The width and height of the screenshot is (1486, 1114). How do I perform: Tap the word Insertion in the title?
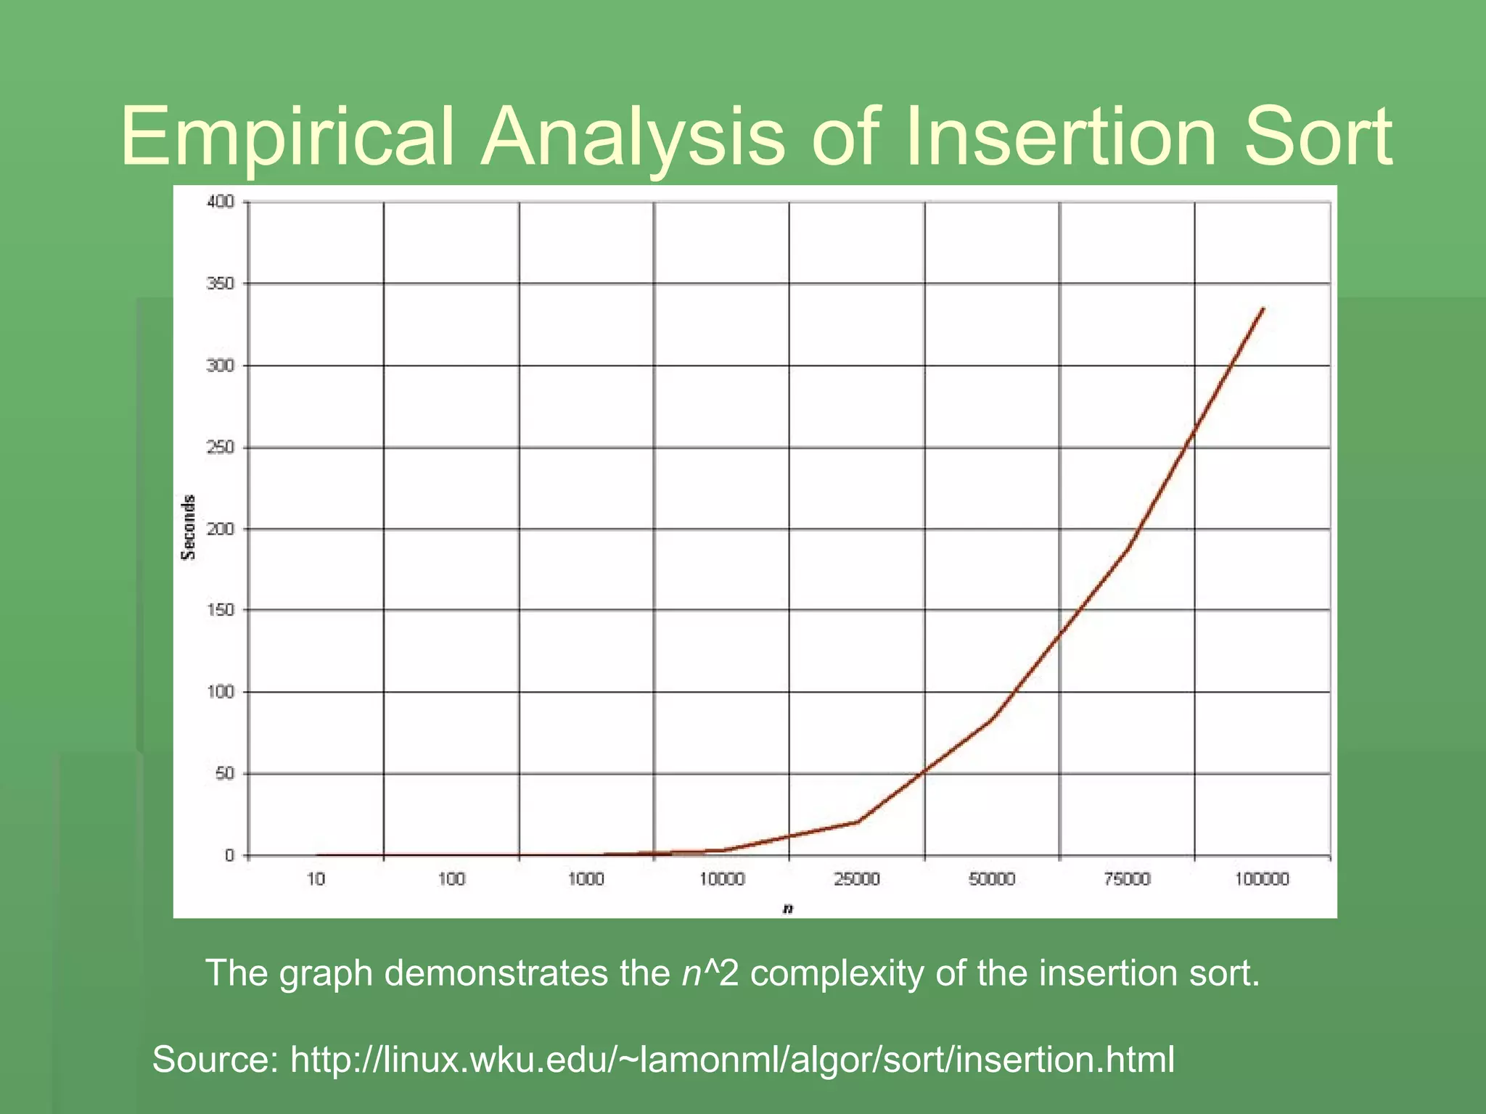click(x=1060, y=136)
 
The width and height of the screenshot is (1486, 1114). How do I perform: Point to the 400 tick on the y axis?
click(x=221, y=202)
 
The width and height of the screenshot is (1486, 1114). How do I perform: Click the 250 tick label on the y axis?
click(x=221, y=447)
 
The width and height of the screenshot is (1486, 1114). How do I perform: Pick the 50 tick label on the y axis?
click(x=224, y=773)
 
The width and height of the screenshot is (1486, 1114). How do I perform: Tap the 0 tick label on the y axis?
click(x=229, y=855)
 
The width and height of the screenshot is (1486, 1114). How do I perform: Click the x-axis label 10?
click(x=316, y=879)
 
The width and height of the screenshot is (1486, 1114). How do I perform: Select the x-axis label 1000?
click(x=586, y=879)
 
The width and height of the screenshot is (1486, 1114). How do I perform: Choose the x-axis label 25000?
click(x=856, y=879)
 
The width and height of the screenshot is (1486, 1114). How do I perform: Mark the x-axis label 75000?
click(x=1127, y=879)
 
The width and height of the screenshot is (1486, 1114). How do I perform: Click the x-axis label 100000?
click(x=1262, y=879)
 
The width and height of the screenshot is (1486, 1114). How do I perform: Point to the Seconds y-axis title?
click(x=189, y=527)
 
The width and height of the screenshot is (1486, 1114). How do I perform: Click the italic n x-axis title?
click(x=788, y=909)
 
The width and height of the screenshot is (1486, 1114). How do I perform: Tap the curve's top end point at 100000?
click(x=1263, y=309)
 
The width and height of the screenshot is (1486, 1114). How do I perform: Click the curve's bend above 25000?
click(x=858, y=821)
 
